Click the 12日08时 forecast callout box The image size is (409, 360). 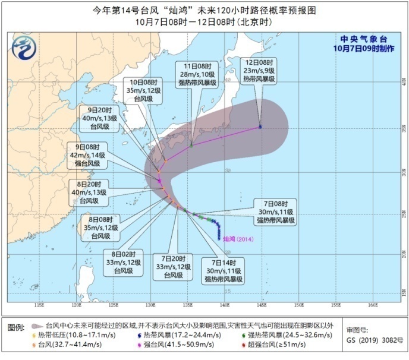[x=260, y=70]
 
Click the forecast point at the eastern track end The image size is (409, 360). [x=260, y=127]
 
